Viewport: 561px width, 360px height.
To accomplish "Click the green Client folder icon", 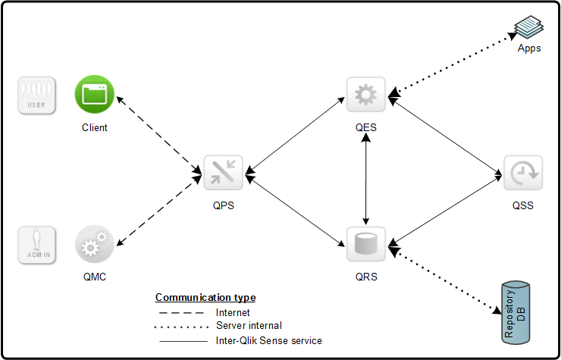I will (x=94, y=95).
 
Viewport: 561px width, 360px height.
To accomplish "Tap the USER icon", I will (x=36, y=95).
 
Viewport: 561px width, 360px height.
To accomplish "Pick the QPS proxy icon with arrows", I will (x=223, y=173).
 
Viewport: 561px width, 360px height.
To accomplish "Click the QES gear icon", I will (x=365, y=95).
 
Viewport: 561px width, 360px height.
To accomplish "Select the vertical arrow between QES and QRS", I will (x=366, y=171).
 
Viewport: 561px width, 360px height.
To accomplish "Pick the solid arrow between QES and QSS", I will (x=445, y=136).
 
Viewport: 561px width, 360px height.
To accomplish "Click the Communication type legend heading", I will (x=205, y=297).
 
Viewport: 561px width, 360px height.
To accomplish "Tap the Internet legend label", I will (x=233, y=311).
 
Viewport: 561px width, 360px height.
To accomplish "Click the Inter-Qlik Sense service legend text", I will (x=268, y=340).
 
